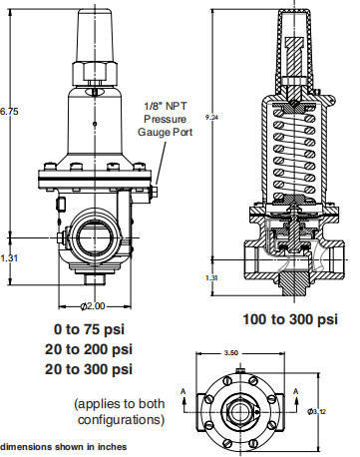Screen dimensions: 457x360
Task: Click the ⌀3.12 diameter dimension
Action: (x=316, y=411)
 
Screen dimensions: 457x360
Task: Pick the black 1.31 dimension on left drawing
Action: (x=8, y=257)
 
